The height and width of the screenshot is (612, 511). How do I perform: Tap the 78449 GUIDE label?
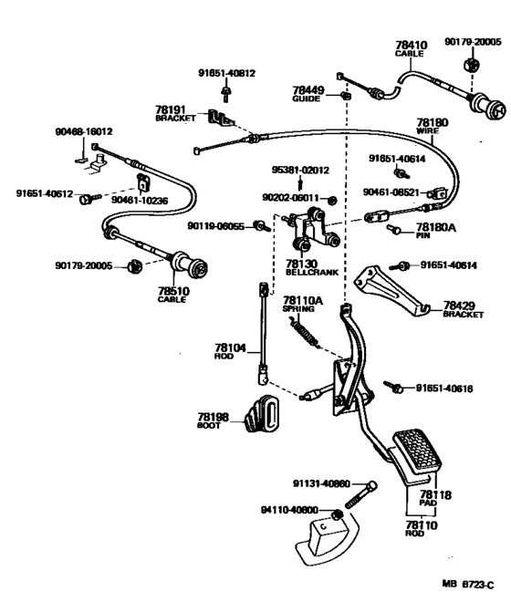[308, 94]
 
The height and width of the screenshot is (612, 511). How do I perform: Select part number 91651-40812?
[226, 73]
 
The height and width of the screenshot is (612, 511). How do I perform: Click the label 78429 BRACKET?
[463, 309]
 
